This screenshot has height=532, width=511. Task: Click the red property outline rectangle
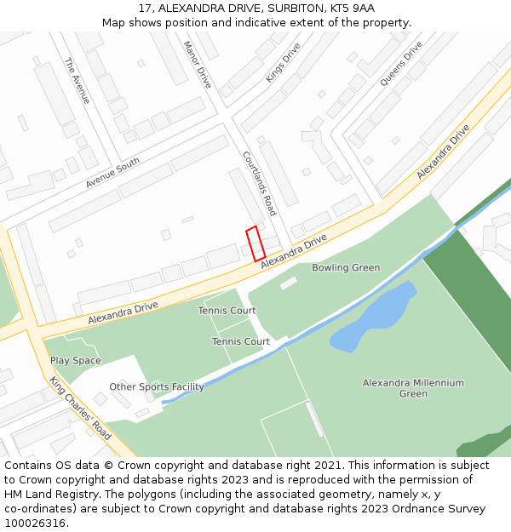tap(255, 243)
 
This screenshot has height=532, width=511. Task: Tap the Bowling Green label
tap(346, 268)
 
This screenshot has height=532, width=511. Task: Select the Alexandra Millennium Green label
tap(413, 388)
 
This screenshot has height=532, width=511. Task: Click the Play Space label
tap(75, 361)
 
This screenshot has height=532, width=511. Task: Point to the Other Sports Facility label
tap(157, 387)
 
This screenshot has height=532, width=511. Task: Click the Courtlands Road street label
tap(259, 184)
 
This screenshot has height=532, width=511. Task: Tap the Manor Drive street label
tap(198, 65)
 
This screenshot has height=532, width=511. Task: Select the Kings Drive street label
tap(283, 63)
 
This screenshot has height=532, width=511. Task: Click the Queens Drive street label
tap(401, 64)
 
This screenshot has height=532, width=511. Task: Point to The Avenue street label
tap(77, 82)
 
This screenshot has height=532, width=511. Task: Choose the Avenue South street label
tap(112, 174)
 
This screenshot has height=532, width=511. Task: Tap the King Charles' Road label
tap(80, 409)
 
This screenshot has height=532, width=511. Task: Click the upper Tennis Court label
tap(227, 311)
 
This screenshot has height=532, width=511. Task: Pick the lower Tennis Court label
tap(241, 341)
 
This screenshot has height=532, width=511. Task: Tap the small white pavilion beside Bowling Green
tap(289, 283)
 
